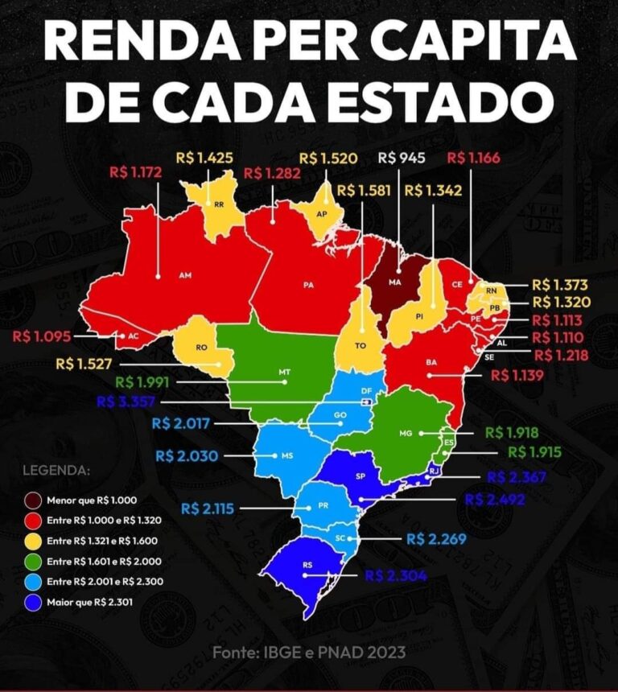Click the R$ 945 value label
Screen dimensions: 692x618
(x=400, y=158)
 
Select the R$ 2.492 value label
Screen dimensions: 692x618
(x=494, y=500)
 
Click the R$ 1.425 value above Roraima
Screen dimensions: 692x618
(x=207, y=158)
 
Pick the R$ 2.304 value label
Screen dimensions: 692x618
(x=395, y=575)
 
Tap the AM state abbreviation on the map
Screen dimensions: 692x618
(x=185, y=275)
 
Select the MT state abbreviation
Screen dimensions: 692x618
(x=284, y=373)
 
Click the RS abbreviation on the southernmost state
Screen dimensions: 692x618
(x=307, y=566)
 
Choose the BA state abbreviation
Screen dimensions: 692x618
(x=431, y=363)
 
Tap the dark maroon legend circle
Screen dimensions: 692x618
(x=34, y=500)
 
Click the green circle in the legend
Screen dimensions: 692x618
(x=34, y=560)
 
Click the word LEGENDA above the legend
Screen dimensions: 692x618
(x=56, y=469)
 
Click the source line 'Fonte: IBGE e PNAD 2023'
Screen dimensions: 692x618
(x=309, y=652)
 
